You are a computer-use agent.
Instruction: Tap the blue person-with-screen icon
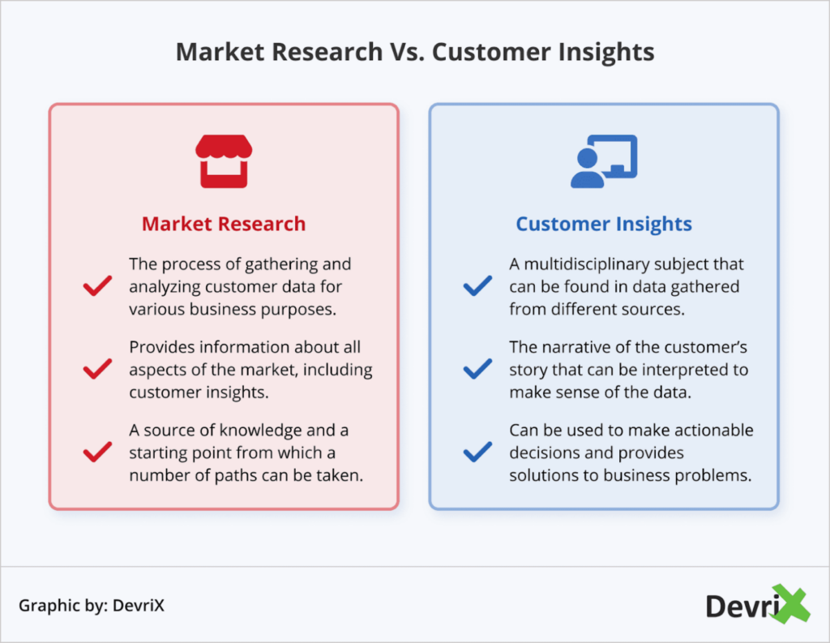(604, 161)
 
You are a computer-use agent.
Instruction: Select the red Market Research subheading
(224, 224)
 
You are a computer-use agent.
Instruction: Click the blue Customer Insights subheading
(604, 224)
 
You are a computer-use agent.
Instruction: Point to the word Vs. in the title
(407, 52)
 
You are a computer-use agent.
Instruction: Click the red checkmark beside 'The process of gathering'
(98, 286)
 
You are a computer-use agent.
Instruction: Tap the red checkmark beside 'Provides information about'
(98, 370)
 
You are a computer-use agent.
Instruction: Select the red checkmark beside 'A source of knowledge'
(98, 452)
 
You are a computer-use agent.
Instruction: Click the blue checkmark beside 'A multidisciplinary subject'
(477, 286)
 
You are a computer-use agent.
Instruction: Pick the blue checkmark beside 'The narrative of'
(477, 370)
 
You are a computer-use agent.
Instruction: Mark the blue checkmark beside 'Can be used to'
(477, 452)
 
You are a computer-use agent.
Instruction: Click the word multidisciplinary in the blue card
(596, 265)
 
